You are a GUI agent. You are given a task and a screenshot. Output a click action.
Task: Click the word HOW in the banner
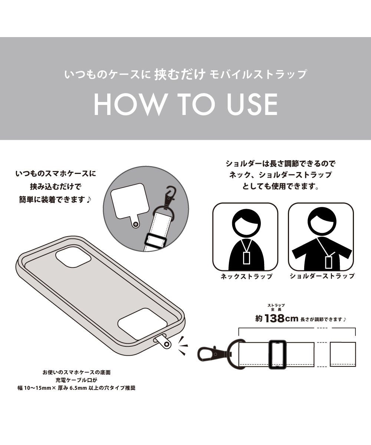point(129,105)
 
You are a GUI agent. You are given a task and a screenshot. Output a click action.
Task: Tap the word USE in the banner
point(252,105)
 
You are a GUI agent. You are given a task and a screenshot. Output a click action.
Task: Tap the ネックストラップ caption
point(246,276)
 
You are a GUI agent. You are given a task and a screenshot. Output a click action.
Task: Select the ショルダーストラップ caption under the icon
point(322,276)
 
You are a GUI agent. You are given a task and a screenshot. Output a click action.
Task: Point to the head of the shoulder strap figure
point(322,221)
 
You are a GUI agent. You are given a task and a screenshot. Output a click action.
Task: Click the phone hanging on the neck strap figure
point(246,257)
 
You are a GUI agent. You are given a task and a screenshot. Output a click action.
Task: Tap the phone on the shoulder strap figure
point(328,262)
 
